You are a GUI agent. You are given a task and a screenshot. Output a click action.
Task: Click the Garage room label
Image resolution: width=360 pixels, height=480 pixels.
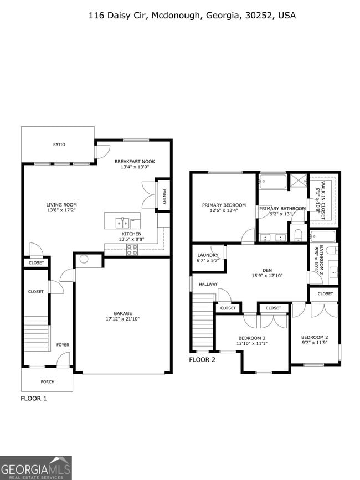point(122,313)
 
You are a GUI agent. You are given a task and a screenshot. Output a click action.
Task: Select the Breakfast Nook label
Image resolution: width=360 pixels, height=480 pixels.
point(135,161)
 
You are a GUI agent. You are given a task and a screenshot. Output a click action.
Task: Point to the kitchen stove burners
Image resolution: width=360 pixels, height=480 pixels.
point(132,249)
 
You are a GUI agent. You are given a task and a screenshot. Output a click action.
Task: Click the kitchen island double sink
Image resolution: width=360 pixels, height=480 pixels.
point(122,223)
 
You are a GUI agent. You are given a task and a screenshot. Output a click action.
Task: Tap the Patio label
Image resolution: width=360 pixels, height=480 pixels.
point(59,144)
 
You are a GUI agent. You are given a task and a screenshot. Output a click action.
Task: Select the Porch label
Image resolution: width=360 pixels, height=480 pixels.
point(48,381)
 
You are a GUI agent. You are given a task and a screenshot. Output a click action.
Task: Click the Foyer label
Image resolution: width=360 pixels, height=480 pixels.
point(63,344)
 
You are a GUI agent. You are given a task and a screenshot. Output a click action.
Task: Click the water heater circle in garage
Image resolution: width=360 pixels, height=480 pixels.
point(84,259)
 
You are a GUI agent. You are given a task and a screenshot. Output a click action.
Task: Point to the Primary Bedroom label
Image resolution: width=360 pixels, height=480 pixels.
point(224,204)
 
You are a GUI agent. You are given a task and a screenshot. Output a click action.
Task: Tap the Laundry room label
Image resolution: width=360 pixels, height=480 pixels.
point(208,255)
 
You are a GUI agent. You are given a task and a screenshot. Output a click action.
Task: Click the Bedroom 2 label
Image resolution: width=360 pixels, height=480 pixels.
point(315,337)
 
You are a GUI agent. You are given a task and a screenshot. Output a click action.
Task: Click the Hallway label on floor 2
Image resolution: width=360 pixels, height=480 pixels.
point(208,284)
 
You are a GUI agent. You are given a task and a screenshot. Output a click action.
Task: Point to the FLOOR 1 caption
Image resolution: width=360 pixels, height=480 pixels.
point(34,398)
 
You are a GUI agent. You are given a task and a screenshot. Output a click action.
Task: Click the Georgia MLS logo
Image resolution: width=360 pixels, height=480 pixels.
point(36,468)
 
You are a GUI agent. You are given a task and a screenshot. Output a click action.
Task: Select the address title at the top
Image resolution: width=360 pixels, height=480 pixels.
point(192,16)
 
